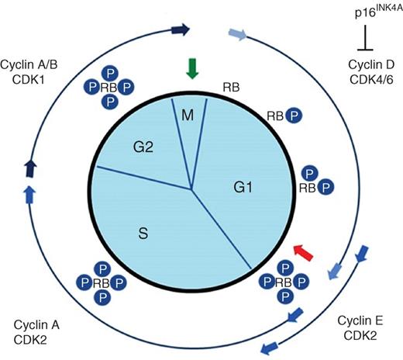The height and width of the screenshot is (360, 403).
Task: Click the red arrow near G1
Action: click(x=305, y=251)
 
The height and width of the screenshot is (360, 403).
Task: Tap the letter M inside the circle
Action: click(x=186, y=116)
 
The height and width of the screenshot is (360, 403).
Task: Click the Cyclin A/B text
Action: click(x=30, y=62)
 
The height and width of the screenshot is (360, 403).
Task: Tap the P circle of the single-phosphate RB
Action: click(x=294, y=116)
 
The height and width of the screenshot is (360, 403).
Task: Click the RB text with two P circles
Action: click(x=308, y=187)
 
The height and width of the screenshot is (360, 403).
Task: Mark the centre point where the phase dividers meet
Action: click(x=191, y=189)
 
